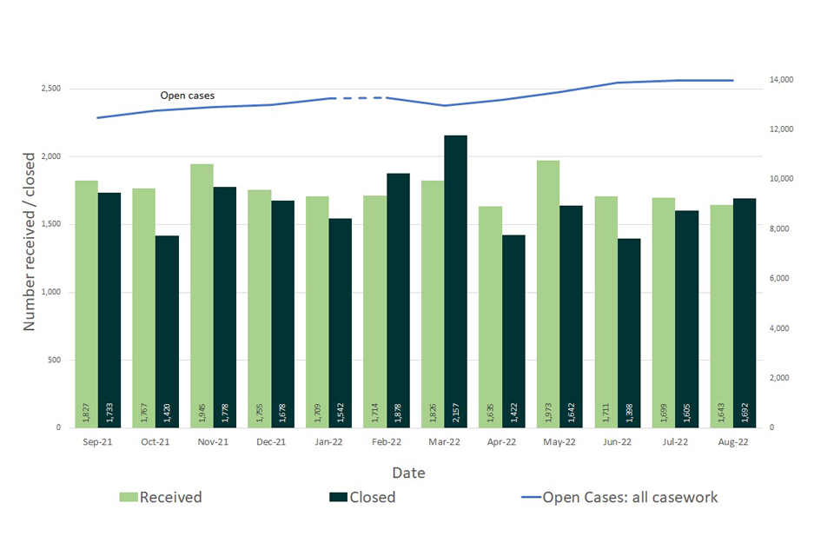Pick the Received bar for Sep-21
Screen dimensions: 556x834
tap(86, 304)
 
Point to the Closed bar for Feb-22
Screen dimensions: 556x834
tap(398, 300)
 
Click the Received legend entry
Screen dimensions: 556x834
tap(161, 497)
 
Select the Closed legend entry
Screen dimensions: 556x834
tap(362, 497)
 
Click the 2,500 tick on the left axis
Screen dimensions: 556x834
tap(50, 89)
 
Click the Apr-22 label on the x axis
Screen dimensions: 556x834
tap(502, 442)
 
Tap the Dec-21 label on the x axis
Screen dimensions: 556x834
tap(271, 442)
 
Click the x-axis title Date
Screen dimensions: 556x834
tap(408, 473)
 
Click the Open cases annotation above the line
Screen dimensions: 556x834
tap(187, 96)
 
